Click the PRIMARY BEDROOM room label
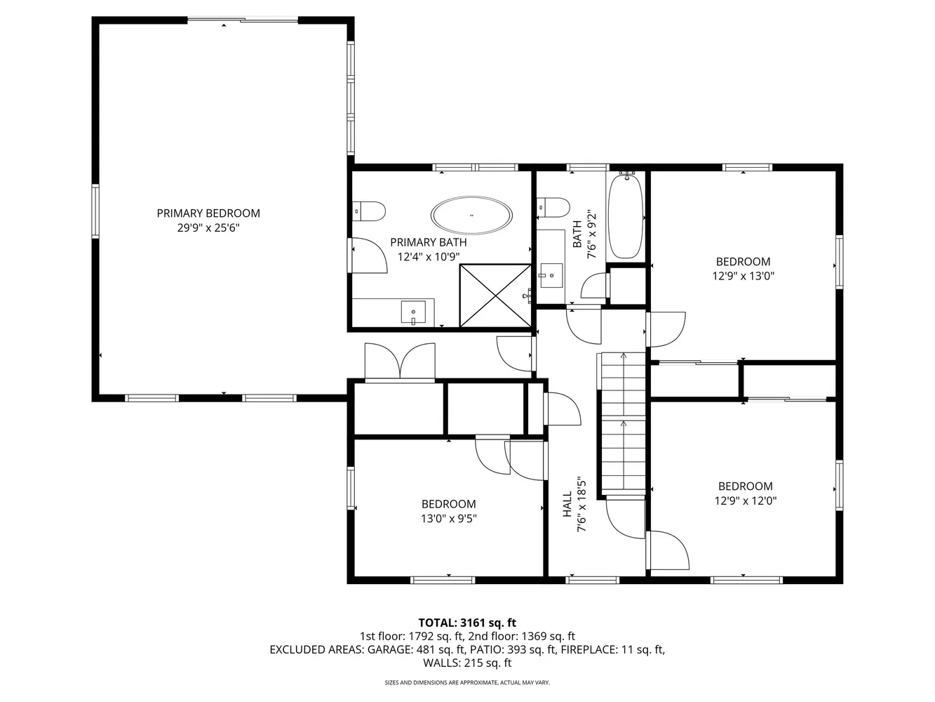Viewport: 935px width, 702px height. pyautogui.click(x=208, y=213)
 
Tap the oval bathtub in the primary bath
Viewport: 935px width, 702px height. pyautogui.click(x=471, y=216)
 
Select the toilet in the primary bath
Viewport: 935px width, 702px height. pyautogui.click(x=369, y=211)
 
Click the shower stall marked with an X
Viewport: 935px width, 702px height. pyautogui.click(x=495, y=296)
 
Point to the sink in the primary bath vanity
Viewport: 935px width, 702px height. pyautogui.click(x=413, y=312)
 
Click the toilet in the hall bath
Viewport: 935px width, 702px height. pyautogui.click(x=553, y=208)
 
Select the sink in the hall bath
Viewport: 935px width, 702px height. pyautogui.click(x=551, y=275)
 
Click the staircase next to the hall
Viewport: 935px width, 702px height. pyautogui.click(x=621, y=425)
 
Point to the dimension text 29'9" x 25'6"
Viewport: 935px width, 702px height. pyautogui.click(x=208, y=227)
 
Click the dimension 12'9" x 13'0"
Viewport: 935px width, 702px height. pyautogui.click(x=744, y=276)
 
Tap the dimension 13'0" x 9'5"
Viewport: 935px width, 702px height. pyautogui.click(x=448, y=518)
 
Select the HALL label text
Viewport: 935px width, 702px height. pyautogui.click(x=567, y=504)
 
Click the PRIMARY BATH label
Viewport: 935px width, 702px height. pyautogui.click(x=429, y=242)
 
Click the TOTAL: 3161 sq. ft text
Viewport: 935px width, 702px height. pyautogui.click(x=467, y=623)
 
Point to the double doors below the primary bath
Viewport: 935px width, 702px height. pyautogui.click(x=400, y=362)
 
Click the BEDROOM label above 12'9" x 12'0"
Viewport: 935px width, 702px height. pyautogui.click(x=746, y=486)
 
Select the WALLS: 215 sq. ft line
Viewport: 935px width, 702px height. pyautogui.click(x=467, y=663)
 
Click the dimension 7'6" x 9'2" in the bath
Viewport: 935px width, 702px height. pyautogui.click(x=592, y=234)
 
